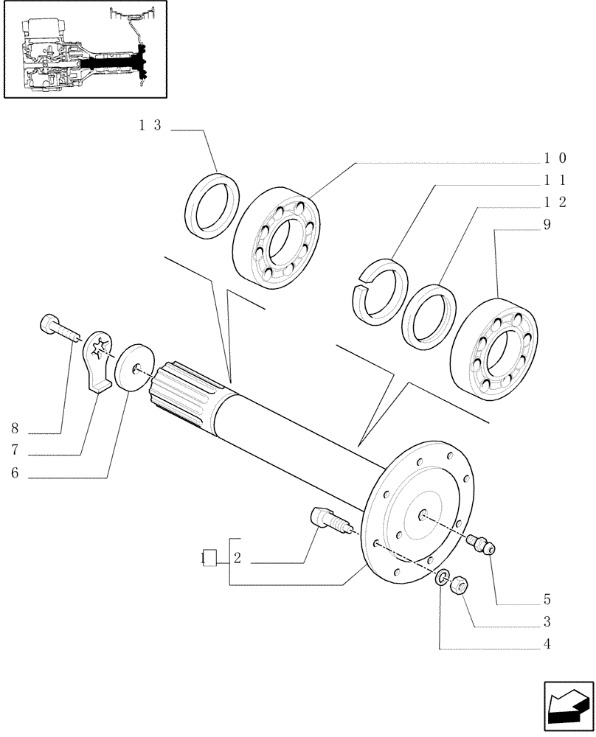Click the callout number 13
point(150,125)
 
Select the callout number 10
point(555,158)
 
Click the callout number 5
point(547,598)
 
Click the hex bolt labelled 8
point(58,327)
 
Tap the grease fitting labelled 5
point(483,546)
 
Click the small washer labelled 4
point(443,579)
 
